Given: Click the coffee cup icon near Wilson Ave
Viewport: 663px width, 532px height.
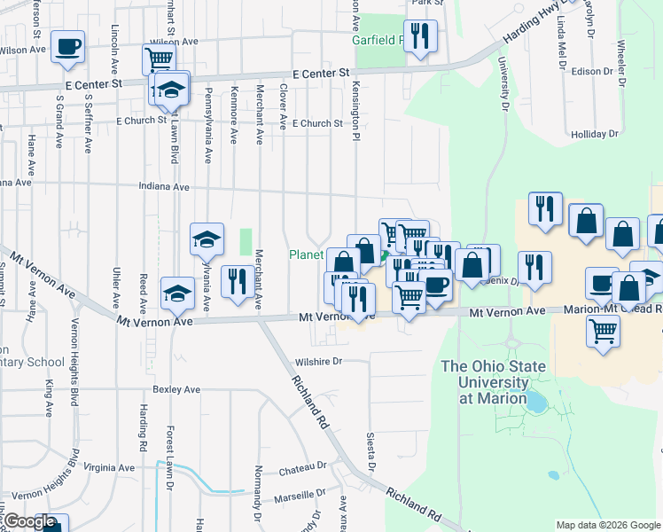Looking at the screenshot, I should (67, 47).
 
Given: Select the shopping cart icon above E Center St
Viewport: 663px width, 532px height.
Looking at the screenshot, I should (159, 59).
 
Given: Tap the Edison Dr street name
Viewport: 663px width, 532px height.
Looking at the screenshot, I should (593, 71).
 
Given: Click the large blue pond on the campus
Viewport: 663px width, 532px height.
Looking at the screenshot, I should (536, 402).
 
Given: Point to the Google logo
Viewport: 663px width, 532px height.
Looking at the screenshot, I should (29, 521).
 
